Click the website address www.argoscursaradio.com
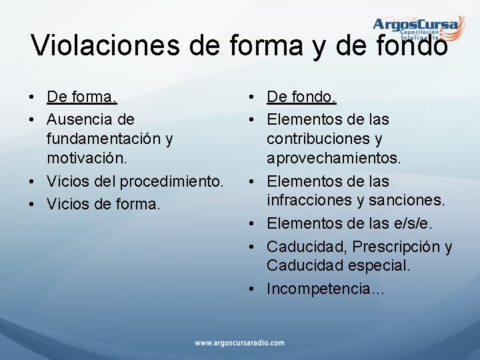239,343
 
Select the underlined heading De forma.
82,97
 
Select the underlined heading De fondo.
301,97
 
